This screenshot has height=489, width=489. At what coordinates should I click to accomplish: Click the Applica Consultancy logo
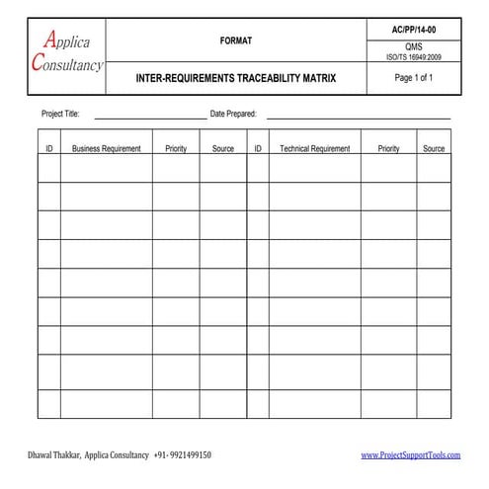click(x=68, y=53)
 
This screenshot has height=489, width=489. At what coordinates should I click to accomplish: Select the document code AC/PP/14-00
click(x=414, y=31)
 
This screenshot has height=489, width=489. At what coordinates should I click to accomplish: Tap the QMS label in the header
click(x=414, y=47)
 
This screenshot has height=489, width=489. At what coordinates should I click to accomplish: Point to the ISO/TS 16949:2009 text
click(x=414, y=58)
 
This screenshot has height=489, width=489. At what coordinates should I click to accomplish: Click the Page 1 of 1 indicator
click(x=414, y=79)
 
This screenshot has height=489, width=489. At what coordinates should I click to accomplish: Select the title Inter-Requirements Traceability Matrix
click(x=235, y=78)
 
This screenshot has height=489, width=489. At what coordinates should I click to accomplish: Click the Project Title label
click(x=60, y=115)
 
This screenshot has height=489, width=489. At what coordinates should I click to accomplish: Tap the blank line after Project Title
click(x=148, y=118)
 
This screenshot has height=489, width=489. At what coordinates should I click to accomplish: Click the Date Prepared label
click(x=233, y=115)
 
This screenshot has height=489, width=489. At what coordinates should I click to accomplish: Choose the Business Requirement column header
click(x=107, y=149)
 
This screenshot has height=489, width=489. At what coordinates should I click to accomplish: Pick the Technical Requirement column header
click(x=314, y=149)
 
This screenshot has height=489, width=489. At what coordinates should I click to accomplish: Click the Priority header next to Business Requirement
click(x=176, y=149)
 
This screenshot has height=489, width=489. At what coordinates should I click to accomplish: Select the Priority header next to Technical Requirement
click(x=388, y=149)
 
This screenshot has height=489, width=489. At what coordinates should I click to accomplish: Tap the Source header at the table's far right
click(x=434, y=149)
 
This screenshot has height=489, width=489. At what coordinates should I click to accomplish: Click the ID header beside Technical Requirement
click(x=258, y=149)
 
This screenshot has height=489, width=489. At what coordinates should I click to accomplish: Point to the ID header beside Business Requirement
click(x=49, y=149)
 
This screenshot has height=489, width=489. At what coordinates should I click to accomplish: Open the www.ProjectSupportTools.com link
click(x=411, y=455)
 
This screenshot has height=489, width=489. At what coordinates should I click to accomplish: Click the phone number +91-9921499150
click(x=183, y=455)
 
